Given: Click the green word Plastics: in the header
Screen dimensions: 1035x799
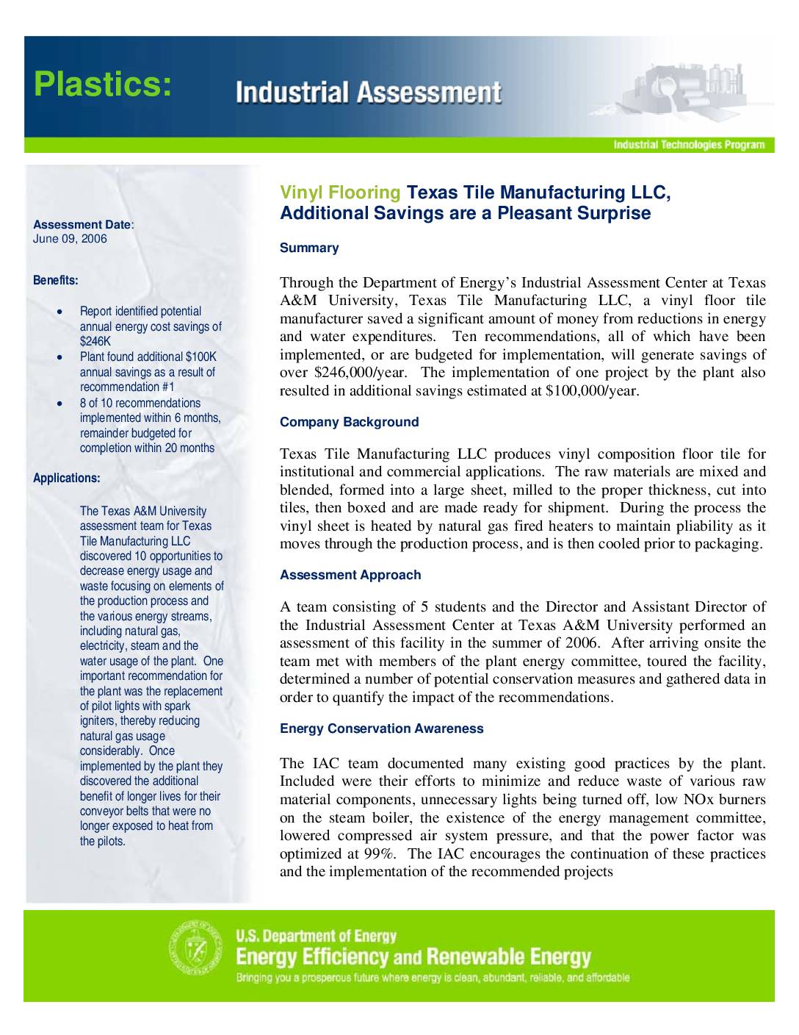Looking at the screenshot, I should coord(104,85).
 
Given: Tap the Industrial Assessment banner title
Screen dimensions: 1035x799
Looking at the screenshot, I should coord(369,93).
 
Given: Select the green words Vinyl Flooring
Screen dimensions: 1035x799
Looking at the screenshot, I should coord(340,193).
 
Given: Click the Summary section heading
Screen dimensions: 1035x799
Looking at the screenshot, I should coord(309,248).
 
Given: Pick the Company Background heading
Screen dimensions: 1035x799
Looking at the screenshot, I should coord(349,422).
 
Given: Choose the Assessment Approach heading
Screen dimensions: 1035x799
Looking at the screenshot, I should coord(350,575).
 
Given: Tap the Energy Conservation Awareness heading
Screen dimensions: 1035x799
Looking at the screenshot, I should coord(381,728).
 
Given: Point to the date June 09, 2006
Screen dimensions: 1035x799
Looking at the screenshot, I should coord(70,239).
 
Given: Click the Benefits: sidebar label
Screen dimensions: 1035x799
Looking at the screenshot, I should coord(55,280).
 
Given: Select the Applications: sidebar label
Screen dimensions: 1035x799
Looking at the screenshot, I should coord(67,478).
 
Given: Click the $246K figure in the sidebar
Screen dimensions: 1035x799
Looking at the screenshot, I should coord(95,342).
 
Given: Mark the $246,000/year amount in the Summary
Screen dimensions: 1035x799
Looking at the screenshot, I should coord(355,373).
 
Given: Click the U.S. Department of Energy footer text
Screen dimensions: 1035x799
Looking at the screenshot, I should coord(316,936).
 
